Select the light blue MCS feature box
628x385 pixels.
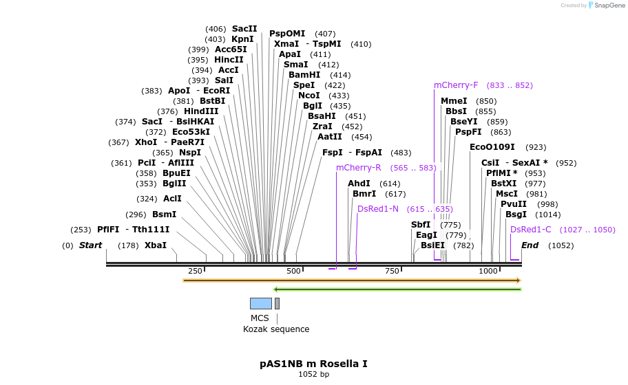tap(260, 303)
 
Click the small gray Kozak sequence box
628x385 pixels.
tap(277, 303)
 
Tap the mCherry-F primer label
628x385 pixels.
tap(455, 85)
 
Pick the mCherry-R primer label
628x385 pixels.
tap(358, 168)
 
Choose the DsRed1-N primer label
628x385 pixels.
tap(377, 209)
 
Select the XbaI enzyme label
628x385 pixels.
tap(155, 245)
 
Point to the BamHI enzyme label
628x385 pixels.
tap(304, 75)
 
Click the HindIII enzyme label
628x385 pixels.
tap(200, 111)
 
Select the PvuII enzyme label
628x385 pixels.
tap(513, 204)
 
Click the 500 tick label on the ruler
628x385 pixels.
tap(294, 272)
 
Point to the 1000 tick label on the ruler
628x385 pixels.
tap(488, 272)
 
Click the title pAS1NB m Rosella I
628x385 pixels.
tap(313, 363)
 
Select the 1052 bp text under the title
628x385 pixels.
tap(313, 375)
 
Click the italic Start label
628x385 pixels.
tap(90, 245)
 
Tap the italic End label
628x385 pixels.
tap(530, 245)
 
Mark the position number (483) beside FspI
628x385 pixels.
tap(401, 153)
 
